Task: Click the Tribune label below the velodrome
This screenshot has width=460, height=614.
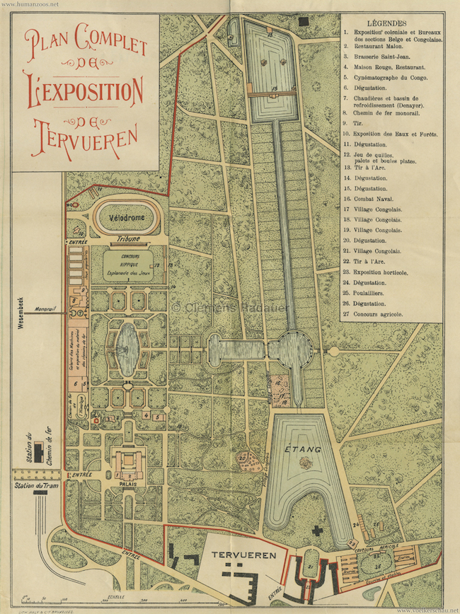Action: [132, 240]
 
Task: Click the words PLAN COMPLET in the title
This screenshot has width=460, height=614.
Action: [86, 44]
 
